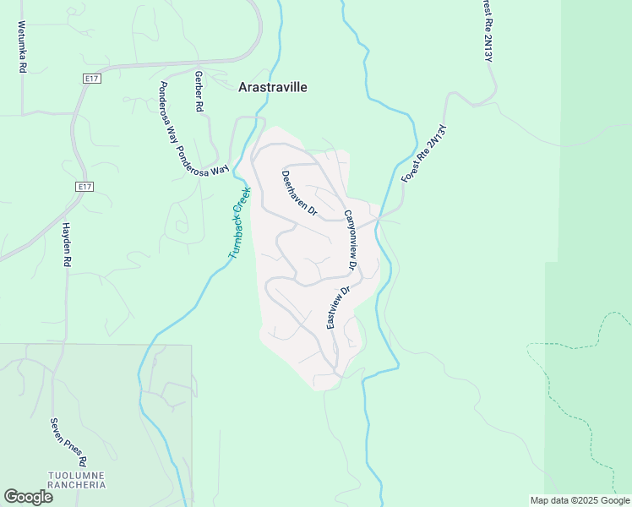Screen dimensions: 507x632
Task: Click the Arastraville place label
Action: [272, 87]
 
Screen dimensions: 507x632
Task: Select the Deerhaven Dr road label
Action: [298, 194]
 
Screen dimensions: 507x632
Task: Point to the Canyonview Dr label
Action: [351, 240]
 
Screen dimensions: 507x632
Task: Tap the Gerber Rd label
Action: [199, 92]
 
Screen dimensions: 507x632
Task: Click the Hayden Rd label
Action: [66, 245]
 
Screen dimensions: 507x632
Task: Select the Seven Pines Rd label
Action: [68, 442]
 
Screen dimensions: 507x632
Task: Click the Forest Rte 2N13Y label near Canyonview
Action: [423, 155]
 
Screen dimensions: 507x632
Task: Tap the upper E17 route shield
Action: [92, 79]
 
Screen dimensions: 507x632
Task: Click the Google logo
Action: [28, 496]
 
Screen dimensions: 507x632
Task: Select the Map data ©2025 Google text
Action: [580, 500]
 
